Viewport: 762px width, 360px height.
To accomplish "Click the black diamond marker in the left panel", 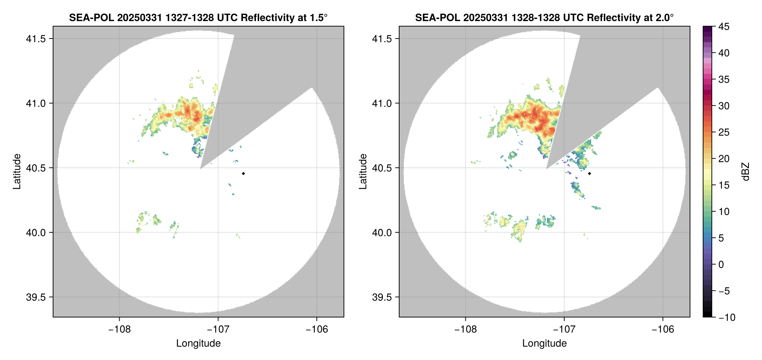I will click(243, 173).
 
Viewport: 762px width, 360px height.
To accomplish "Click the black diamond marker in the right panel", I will click(589, 173).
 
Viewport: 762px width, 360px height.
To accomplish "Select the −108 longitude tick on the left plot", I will click(119, 329).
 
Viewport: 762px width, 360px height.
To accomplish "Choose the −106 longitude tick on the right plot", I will click(663, 329).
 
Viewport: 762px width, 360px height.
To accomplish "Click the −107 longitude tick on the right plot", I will click(564, 329).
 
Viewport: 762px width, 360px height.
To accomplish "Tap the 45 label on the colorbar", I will click(723, 27).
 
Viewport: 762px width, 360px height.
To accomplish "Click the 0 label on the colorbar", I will click(721, 264).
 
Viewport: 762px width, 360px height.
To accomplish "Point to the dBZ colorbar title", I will click(746, 172).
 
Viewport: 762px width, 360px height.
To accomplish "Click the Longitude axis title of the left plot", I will click(198, 343).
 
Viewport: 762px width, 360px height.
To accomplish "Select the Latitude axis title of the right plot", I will click(363, 172).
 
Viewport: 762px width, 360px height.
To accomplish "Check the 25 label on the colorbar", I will click(723, 132).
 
